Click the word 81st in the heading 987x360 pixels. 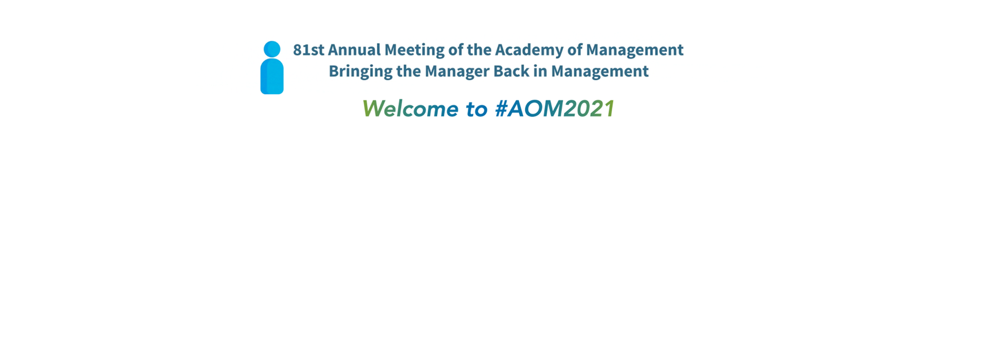tap(308, 50)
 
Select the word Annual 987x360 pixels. tap(354, 50)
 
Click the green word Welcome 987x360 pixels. tap(410, 109)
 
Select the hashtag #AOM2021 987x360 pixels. tap(555, 109)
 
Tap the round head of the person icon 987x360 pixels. tap(272, 49)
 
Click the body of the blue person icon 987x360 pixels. tap(272, 77)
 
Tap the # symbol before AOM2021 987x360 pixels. tap(501, 109)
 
